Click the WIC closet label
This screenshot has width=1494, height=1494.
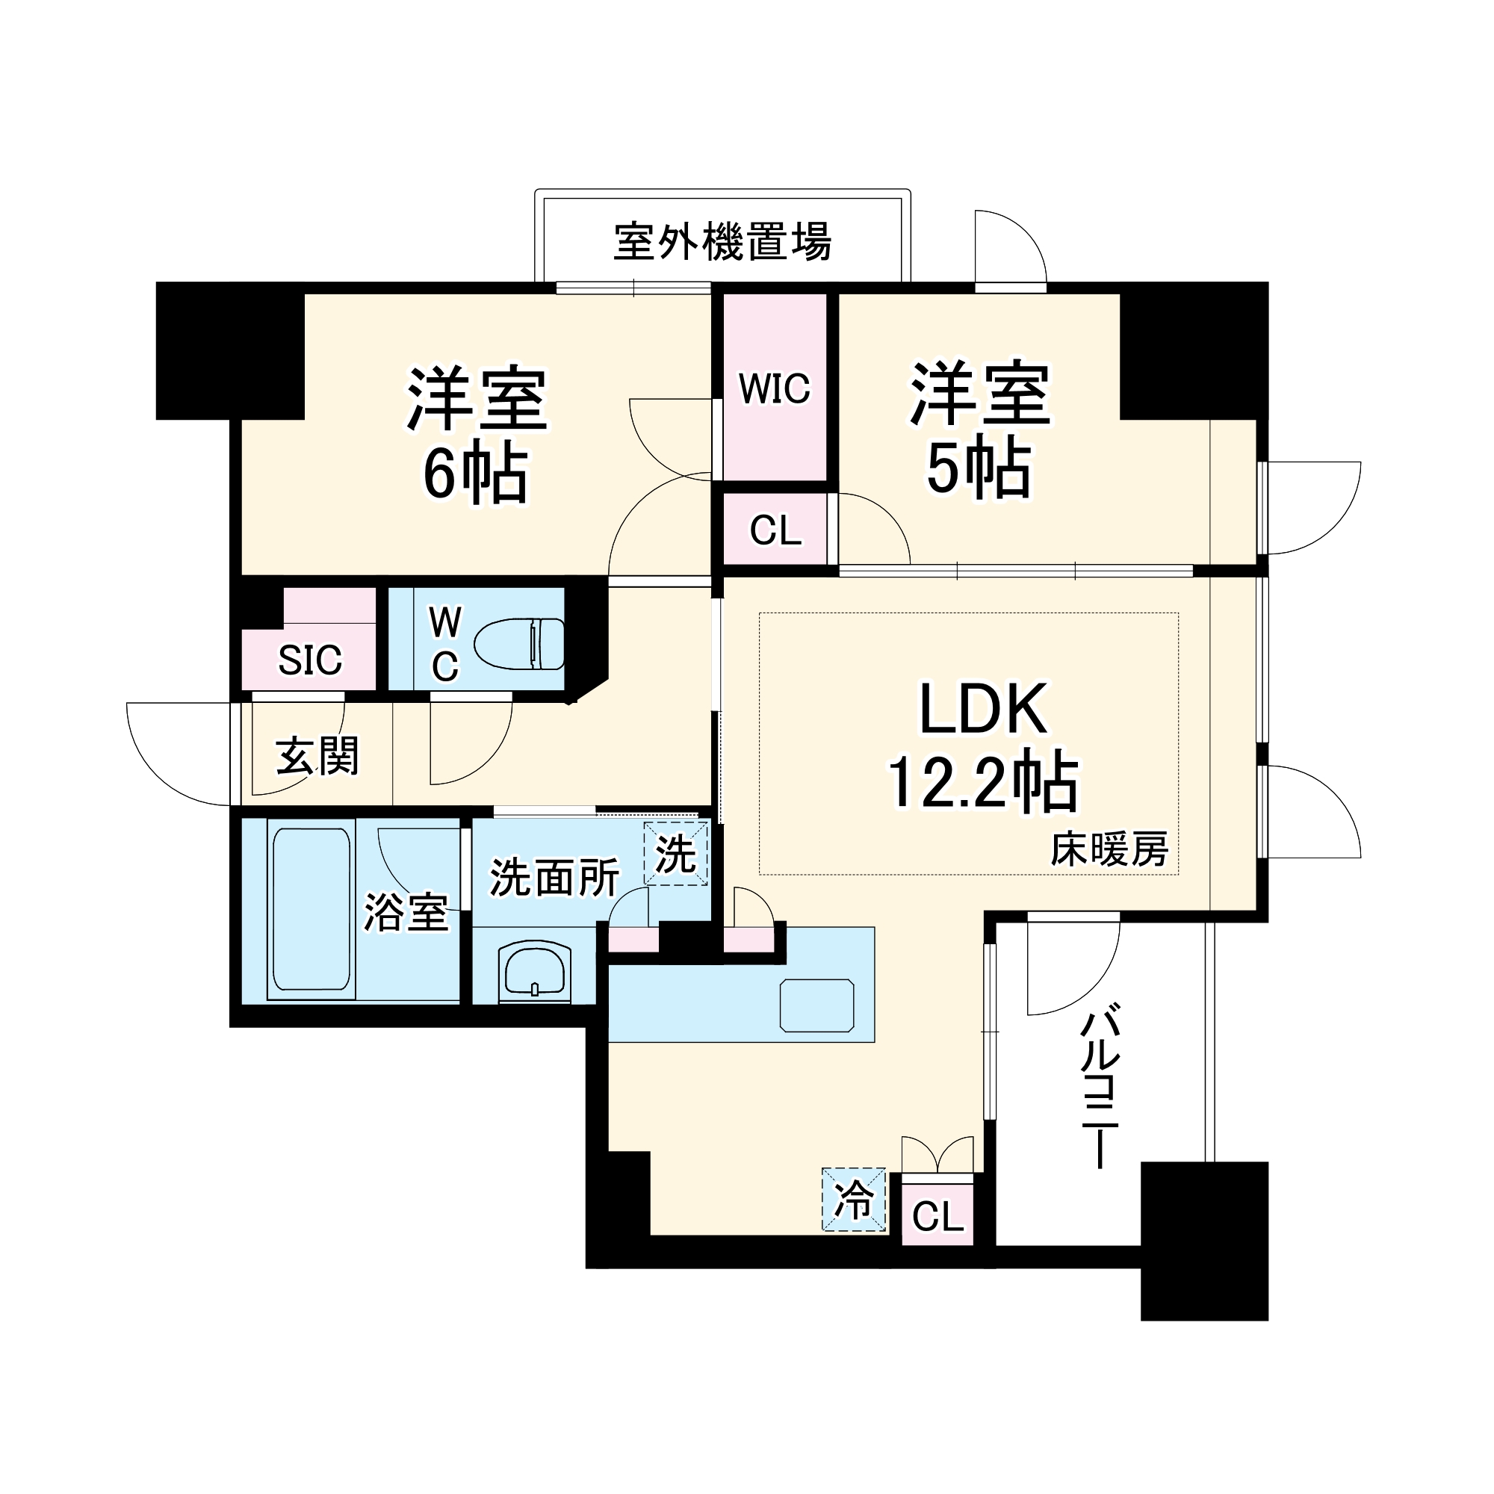coord(774,389)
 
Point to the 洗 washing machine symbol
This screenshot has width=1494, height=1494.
coord(675,855)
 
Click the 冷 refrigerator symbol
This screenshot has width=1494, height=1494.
coord(854,1200)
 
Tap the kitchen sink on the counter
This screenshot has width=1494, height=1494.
coord(816,1005)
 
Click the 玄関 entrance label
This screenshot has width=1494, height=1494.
coord(317,755)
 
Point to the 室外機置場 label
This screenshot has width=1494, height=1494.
coord(722,242)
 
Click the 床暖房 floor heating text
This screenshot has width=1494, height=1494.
coord(1109,851)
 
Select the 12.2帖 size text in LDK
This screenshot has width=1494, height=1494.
coord(983,782)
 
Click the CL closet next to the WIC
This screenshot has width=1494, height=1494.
coord(775,530)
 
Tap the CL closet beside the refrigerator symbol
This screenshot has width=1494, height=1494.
coord(937,1217)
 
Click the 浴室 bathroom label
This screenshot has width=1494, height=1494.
coord(406,913)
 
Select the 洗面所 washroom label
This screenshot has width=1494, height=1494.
coord(554,878)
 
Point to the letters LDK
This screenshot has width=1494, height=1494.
coord(983,708)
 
